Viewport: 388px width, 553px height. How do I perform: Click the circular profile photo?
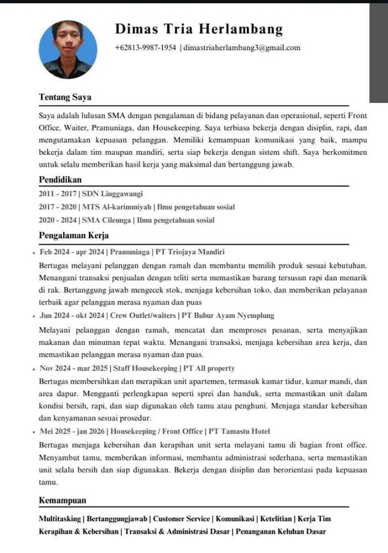[69, 50]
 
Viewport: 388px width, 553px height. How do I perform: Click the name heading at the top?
[198, 29]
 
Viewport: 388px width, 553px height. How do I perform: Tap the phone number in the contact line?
[145, 48]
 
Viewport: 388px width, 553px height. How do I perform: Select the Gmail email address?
[242, 48]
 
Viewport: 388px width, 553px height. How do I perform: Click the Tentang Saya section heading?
[65, 97]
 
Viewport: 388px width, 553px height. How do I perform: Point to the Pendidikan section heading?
[60, 180]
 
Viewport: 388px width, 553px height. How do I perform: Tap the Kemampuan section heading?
[62, 500]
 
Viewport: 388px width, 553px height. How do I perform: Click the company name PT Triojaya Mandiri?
[190, 252]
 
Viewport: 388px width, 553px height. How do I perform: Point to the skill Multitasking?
[60, 519]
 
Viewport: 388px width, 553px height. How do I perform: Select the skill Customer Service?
[181, 519]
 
